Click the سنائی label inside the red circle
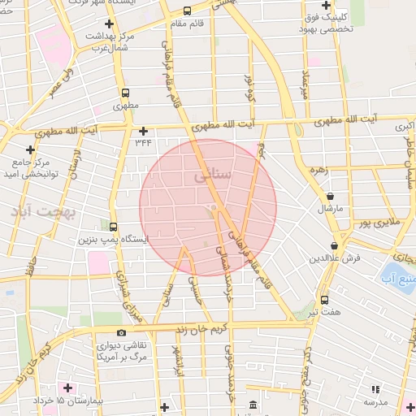pyautogui.click(x=214, y=175)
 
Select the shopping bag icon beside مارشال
pyautogui.click(x=330, y=196)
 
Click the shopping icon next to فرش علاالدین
pyautogui.click(x=334, y=245)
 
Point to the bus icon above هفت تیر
pyautogui.click(x=324, y=299)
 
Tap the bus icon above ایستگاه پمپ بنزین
pyautogui.click(x=112, y=227)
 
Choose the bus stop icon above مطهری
pyautogui.click(x=125, y=93)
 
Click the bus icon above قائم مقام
pyautogui.click(x=188, y=11)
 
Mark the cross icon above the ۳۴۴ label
pyautogui.click(x=143, y=130)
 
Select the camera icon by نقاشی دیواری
pyautogui.click(x=121, y=332)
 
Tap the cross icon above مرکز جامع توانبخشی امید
pyautogui.click(x=31, y=149)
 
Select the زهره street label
pyautogui.click(x=317, y=170)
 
